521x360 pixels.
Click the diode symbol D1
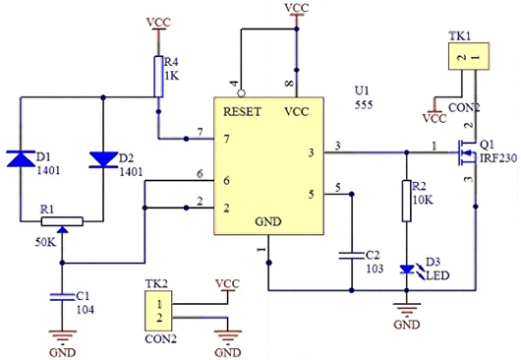[22, 157]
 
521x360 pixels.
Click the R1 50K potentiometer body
[61, 222]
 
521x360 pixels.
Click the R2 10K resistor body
[405, 201]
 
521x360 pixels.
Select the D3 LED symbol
[405, 269]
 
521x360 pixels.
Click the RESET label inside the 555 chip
[242, 111]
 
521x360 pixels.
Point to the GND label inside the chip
[267, 221]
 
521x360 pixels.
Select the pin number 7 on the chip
[200, 132]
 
